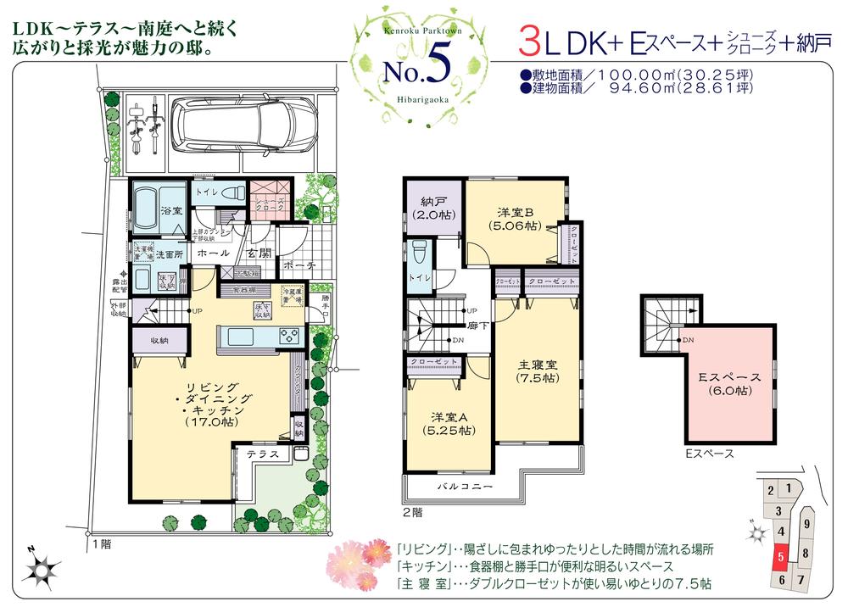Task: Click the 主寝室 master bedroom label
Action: [537, 365]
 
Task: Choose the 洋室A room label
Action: [449, 417]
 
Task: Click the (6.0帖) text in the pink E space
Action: [728, 391]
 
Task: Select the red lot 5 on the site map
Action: [780, 557]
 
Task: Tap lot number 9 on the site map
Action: [806, 525]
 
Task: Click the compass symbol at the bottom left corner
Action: [40, 569]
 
